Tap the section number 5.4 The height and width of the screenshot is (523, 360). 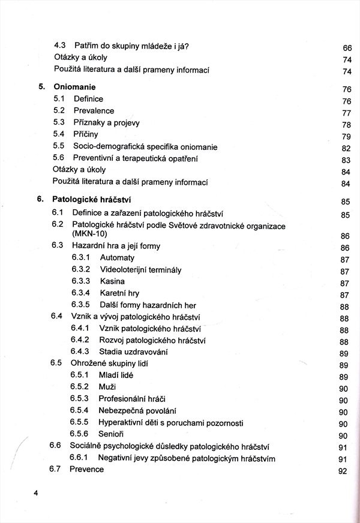(x=58, y=134)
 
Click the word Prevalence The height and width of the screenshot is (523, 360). (x=94, y=110)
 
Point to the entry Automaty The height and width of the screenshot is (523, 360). (x=118, y=257)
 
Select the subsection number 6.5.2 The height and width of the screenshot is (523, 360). (x=80, y=386)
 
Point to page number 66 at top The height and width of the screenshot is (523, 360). (x=347, y=47)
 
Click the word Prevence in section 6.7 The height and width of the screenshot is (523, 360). (x=86, y=469)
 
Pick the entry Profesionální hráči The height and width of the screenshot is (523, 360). (x=133, y=398)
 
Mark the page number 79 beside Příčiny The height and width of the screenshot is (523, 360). (x=346, y=137)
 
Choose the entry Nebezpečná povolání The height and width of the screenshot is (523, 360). (x=137, y=410)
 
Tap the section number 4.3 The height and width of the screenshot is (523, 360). (x=60, y=46)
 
